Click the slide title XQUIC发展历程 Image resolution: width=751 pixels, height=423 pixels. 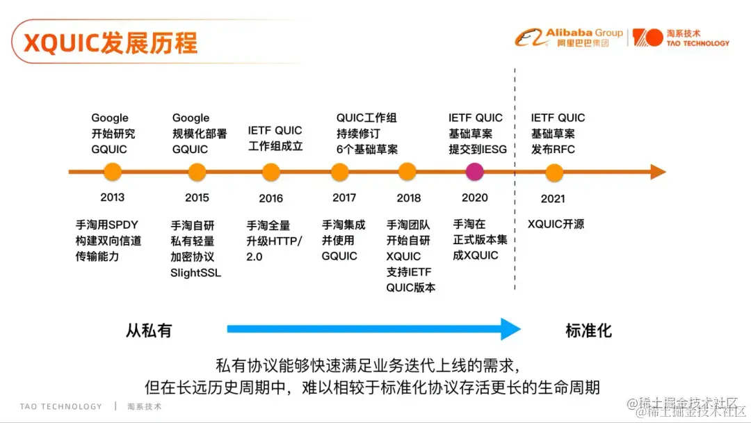(111, 42)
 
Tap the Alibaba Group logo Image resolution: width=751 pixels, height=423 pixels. (570, 37)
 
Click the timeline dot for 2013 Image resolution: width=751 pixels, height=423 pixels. (112, 172)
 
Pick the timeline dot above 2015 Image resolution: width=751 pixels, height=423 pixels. (197, 172)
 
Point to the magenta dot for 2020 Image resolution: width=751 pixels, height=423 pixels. (474, 172)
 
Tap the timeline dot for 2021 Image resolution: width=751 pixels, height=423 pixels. (554, 172)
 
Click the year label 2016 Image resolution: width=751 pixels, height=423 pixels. (271, 198)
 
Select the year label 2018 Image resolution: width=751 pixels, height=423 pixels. (409, 198)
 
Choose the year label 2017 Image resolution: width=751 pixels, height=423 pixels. (344, 198)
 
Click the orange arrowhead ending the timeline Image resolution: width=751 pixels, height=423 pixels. (658, 172)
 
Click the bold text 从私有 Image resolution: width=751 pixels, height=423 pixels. (149, 330)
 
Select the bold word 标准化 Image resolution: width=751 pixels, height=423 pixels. (588, 330)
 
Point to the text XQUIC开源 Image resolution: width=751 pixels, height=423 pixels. (556, 224)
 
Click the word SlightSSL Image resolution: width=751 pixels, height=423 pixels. (195, 273)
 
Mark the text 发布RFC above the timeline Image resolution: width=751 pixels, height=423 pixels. (553, 150)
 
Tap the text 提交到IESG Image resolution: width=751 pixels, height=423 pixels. (478, 150)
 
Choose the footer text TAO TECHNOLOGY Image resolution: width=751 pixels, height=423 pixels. (60, 406)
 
